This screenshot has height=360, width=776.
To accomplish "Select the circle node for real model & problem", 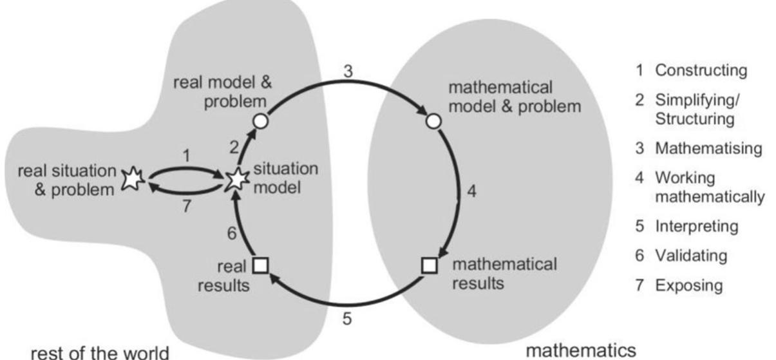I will click(260, 120).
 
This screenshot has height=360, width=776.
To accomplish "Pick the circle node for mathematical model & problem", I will click(433, 120).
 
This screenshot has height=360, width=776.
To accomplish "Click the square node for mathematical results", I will click(430, 265).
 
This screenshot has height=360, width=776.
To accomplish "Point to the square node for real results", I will click(260, 265).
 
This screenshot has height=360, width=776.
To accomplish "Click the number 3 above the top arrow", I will click(348, 72).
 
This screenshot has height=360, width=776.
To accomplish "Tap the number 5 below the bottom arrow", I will click(346, 319).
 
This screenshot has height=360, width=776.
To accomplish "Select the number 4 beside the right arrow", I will click(471, 193).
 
